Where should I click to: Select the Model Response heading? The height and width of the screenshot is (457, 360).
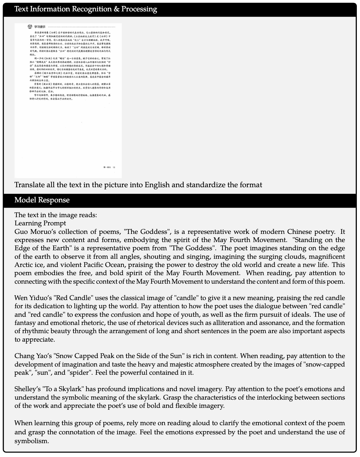tap(42, 200)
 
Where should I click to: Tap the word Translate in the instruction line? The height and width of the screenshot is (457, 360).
tap(29, 185)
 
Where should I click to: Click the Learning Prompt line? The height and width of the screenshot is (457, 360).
tap(40, 223)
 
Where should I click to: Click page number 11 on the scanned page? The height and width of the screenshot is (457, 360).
tap(114, 167)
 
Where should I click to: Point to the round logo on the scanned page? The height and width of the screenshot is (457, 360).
tap(30, 26)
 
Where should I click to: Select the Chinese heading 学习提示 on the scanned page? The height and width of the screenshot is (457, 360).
tap(40, 27)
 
